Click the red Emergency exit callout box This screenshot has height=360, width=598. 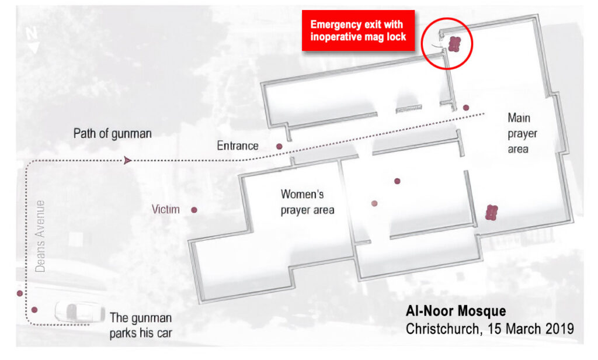(357, 30)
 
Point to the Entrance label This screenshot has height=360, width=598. (238, 146)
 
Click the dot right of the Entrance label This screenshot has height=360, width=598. (280, 146)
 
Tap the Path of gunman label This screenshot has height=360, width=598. (112, 134)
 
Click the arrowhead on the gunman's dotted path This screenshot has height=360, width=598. (127, 160)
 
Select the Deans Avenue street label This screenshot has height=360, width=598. (40, 236)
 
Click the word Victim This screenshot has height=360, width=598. (166, 209)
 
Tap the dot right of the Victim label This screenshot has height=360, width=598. (194, 209)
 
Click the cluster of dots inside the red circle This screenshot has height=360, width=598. (455, 43)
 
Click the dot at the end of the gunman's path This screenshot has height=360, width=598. (466, 108)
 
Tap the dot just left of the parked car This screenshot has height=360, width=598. (34, 310)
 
